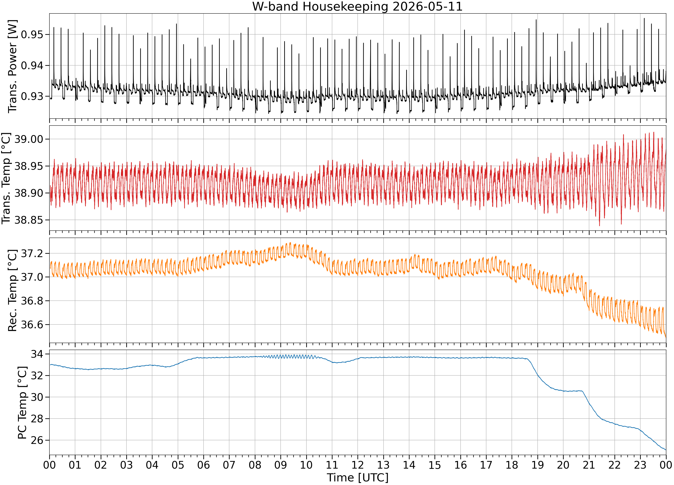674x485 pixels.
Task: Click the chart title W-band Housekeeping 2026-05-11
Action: (x=357, y=7)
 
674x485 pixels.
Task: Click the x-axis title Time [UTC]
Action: (x=357, y=478)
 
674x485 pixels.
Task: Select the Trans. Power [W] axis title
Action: (x=13, y=66)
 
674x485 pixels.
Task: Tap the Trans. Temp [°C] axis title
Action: (x=6, y=178)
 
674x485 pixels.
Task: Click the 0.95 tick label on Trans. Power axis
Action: (x=32, y=35)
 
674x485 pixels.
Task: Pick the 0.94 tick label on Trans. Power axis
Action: (x=32, y=66)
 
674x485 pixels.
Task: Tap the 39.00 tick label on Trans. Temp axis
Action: (x=29, y=139)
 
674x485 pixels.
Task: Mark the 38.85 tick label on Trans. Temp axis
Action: (x=29, y=220)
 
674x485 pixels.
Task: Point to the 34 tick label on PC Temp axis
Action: (x=37, y=354)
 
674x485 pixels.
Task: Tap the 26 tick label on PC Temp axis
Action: (x=37, y=440)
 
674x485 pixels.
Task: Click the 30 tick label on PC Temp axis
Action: (x=37, y=397)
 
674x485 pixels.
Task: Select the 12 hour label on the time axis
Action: (x=357, y=465)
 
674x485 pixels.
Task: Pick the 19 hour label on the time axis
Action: (x=538, y=465)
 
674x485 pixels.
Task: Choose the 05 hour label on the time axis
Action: (x=178, y=465)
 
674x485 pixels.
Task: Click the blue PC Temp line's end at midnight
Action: (x=666, y=450)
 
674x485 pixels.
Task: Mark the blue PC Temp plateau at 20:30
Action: (x=576, y=391)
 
